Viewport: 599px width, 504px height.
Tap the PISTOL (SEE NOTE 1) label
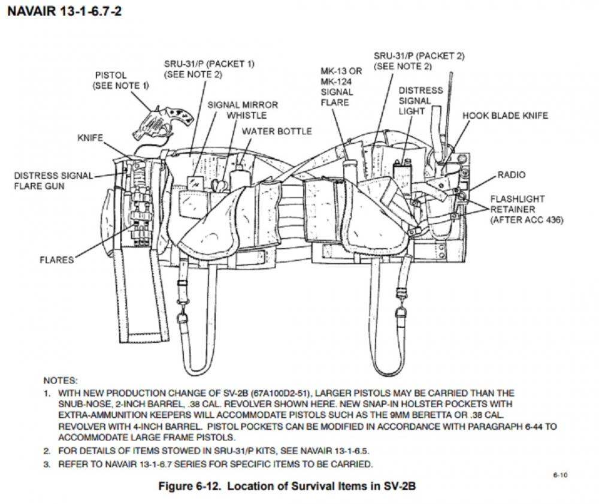[120, 80]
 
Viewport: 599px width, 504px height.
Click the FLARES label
[57, 260]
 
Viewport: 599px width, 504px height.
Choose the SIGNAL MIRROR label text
[243, 104]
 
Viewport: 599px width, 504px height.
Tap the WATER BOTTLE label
[277, 131]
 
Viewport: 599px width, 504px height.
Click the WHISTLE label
[246, 115]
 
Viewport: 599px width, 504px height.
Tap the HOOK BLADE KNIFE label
[505, 115]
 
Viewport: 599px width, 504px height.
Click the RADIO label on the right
[511, 175]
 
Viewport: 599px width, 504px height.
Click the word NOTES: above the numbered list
[60, 381]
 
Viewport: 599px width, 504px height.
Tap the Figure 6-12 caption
[287, 486]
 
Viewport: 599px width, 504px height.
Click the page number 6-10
[560, 475]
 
